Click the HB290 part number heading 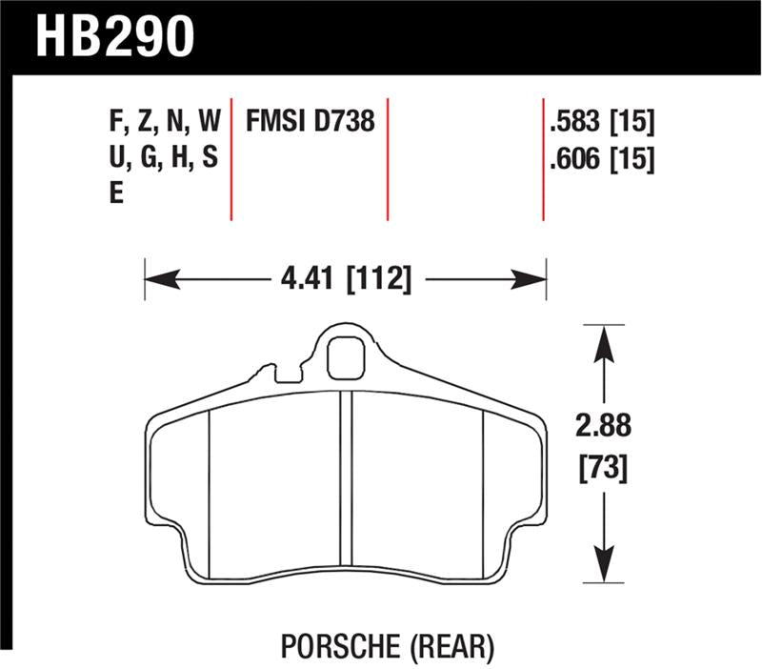coord(115,35)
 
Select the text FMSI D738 coord(310,121)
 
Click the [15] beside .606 coord(635,161)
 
